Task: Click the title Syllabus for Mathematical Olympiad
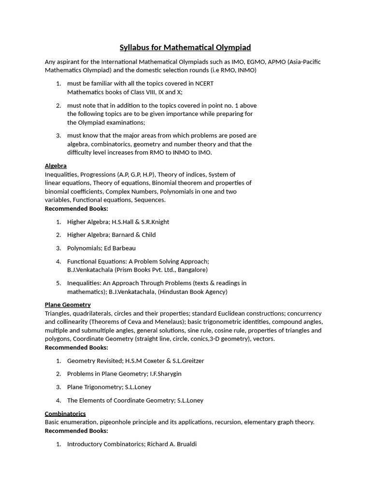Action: pos(185,47)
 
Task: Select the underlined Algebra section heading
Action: pos(56,166)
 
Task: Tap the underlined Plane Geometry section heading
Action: pos(68,305)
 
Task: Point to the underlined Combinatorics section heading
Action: pos(65,413)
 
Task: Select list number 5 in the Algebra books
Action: pos(58,283)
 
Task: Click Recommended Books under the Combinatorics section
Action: pos(76,430)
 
